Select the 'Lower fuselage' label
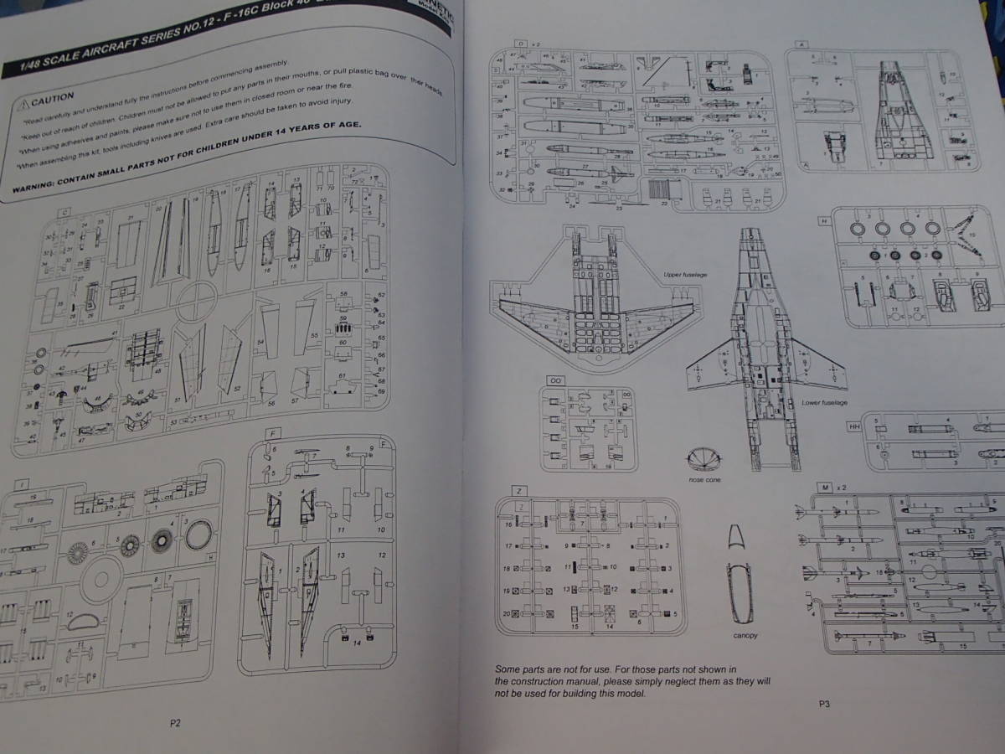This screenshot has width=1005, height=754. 824,403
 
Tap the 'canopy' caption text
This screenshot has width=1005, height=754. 745,635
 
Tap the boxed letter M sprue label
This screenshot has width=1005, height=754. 827,487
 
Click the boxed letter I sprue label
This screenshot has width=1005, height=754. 18,484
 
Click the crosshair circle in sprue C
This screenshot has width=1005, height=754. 193,299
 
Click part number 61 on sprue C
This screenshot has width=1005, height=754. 342,374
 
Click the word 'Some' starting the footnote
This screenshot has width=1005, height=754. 508,669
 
